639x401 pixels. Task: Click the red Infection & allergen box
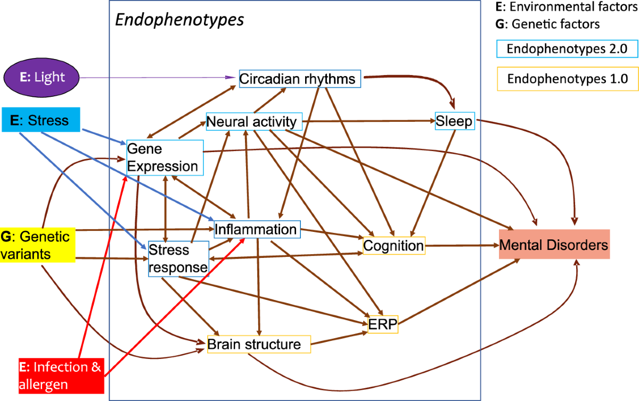click(x=59, y=375)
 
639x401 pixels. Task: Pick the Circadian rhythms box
click(x=300, y=79)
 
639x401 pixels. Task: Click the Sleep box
click(x=454, y=121)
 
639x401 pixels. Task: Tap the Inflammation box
click(x=257, y=229)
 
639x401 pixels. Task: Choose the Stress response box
click(x=177, y=259)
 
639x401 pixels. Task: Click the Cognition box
click(x=394, y=245)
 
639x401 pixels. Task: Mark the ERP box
click(x=383, y=324)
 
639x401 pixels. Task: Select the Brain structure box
click(x=258, y=344)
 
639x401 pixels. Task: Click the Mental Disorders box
click(x=554, y=245)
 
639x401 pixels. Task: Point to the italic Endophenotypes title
click(x=179, y=20)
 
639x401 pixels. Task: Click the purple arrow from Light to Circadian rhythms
click(x=160, y=78)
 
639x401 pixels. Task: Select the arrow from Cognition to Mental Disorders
click(x=462, y=245)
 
